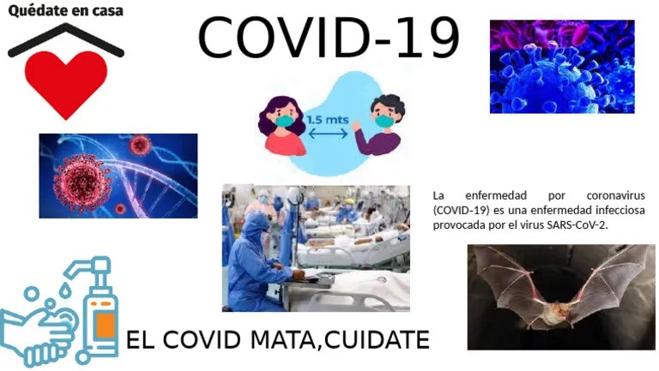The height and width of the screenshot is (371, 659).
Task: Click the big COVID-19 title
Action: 329,38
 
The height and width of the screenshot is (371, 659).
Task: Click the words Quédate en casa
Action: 65,11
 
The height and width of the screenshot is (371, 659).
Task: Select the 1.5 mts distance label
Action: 328,120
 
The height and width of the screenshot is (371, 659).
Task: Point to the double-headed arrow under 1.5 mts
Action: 328,134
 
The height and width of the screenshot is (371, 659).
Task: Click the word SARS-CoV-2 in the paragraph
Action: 577,224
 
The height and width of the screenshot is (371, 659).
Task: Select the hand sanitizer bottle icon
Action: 100,313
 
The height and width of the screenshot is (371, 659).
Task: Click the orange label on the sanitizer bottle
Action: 105,323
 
